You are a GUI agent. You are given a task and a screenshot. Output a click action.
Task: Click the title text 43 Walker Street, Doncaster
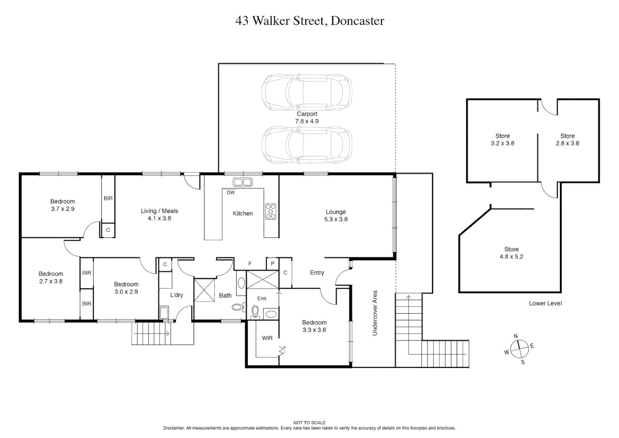310,21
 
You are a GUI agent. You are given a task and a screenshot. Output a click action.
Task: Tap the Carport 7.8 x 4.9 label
307,118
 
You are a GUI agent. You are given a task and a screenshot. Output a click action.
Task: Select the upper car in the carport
307,92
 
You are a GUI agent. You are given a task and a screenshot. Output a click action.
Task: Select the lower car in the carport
307,145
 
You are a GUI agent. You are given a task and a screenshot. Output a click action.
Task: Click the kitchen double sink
242,182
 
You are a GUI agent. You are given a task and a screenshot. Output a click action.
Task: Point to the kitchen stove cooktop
271,211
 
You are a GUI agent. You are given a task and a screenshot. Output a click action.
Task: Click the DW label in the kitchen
231,193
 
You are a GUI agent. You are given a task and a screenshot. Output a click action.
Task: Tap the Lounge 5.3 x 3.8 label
336,215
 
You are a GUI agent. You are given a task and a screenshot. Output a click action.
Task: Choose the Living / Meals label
159,215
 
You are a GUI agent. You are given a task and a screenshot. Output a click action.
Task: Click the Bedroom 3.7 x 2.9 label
62,205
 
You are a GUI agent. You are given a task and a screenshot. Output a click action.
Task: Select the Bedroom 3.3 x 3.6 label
314,326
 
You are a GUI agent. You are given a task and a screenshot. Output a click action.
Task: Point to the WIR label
267,338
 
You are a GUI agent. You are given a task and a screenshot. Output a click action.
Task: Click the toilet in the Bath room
238,307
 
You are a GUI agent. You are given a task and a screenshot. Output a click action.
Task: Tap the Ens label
262,298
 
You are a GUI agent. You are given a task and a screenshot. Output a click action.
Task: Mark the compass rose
519,349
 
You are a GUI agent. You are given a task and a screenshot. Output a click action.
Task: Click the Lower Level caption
545,303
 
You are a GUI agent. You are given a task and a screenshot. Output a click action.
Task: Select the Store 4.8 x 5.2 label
511,253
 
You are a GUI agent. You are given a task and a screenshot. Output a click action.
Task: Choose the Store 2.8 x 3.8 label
567,140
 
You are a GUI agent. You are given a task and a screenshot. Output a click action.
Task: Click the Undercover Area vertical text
375,313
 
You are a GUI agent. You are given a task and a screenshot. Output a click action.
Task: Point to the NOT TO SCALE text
309,423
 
